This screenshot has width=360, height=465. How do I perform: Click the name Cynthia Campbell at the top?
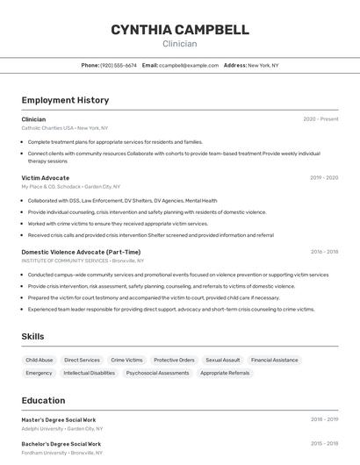(179, 30)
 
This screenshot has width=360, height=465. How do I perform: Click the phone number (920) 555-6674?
(119, 65)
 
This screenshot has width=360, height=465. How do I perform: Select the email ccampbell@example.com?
(189, 65)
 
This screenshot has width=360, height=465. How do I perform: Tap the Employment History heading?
(65, 100)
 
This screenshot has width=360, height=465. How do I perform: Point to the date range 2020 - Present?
(320, 119)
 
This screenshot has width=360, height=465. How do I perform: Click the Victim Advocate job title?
(46, 177)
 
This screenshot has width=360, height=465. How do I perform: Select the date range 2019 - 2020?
(324, 177)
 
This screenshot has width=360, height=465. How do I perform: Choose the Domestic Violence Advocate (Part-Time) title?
(81, 252)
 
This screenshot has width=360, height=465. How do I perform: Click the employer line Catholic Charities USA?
(48, 128)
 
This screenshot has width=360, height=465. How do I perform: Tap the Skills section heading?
(33, 336)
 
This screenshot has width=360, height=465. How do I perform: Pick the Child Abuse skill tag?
(40, 360)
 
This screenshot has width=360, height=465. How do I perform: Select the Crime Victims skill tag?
(126, 360)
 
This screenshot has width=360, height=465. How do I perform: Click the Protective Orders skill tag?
(174, 360)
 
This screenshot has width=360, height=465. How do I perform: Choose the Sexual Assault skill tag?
(222, 360)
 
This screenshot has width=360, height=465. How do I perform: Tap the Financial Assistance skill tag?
(274, 360)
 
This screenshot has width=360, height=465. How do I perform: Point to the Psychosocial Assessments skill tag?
(157, 373)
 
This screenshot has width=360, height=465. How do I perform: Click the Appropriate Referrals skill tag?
(225, 373)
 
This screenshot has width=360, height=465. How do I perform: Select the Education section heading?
(43, 400)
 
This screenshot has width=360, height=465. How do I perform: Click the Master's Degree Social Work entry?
(59, 419)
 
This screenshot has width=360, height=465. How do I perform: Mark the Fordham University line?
(46, 453)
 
